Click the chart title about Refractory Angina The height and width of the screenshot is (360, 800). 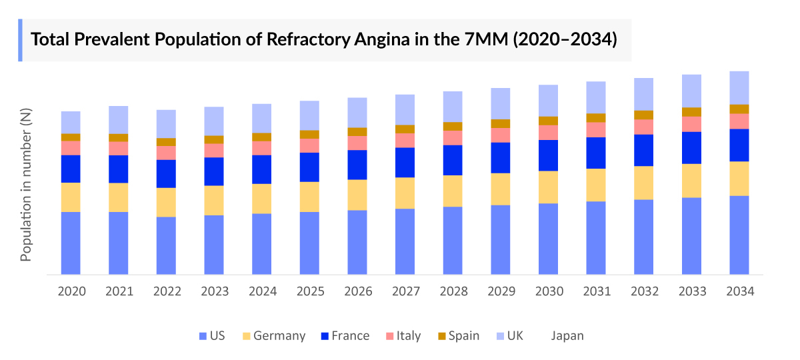[x=324, y=39]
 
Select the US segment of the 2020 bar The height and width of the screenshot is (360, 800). [x=71, y=243]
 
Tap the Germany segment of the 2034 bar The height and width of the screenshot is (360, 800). [x=739, y=178]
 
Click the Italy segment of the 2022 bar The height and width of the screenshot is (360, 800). [x=166, y=153]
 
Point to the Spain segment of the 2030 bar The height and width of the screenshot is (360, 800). [x=549, y=121]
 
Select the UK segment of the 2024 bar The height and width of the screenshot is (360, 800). [x=262, y=118]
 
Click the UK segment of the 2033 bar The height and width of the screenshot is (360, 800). [x=691, y=91]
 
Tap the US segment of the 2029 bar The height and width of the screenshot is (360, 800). [x=501, y=239]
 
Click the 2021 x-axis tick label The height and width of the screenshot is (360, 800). [x=119, y=291]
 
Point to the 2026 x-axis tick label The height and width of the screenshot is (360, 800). [x=357, y=291]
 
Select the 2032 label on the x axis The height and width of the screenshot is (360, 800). [x=644, y=291]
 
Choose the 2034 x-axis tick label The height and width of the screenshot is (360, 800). [x=739, y=291]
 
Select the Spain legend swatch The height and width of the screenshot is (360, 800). [x=441, y=335]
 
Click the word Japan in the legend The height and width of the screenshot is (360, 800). [x=567, y=335]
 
